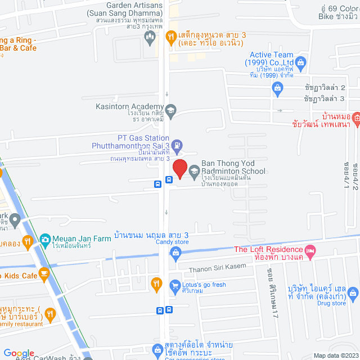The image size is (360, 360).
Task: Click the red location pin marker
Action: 179,169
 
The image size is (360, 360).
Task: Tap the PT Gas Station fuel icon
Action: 177,145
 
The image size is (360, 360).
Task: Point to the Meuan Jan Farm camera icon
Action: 44,238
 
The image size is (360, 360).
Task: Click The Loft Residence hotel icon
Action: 309,250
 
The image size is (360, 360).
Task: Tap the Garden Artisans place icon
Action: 150,38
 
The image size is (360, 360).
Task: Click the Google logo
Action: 19,353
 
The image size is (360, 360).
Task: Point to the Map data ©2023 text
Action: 335,355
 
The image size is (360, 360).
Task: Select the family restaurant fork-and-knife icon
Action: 51,314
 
